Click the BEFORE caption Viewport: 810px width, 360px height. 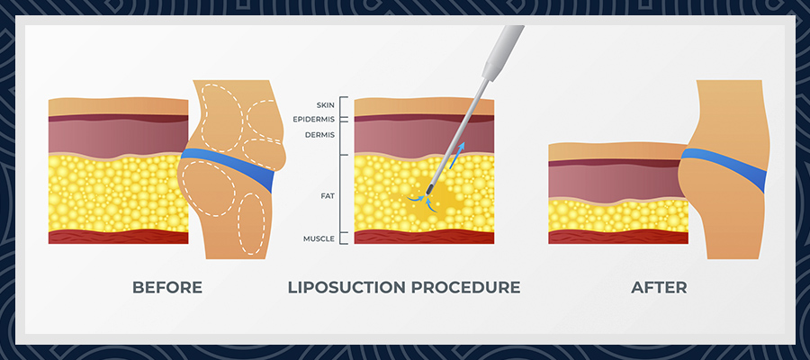coord(166,288)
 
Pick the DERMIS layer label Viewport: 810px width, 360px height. coord(320,134)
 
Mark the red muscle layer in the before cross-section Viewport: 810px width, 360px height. coord(117,237)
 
